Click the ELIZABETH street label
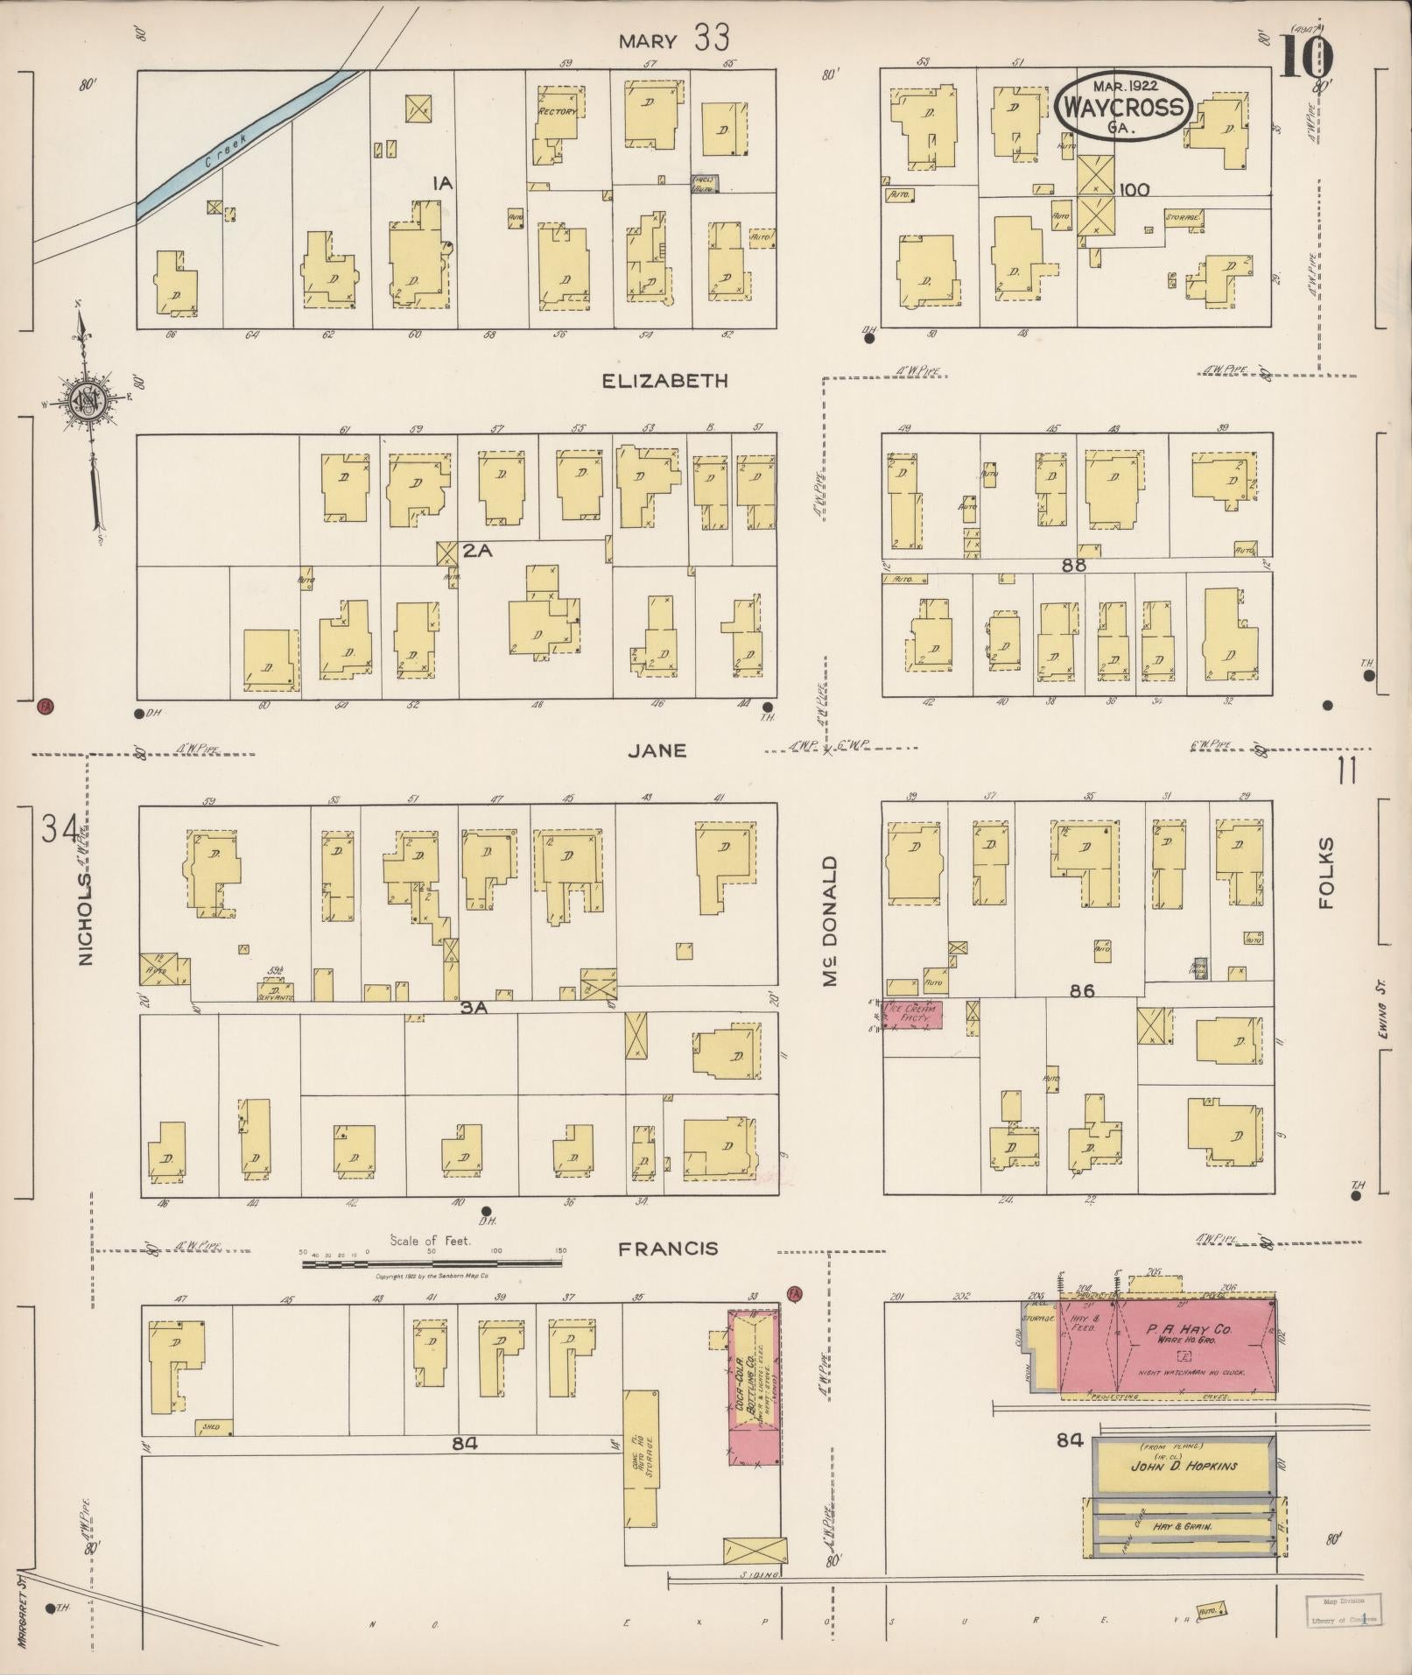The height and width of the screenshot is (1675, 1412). tap(665, 381)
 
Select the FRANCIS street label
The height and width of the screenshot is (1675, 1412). tap(668, 1249)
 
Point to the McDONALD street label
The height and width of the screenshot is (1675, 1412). tap(831, 921)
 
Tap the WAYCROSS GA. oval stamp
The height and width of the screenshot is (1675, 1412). tap(1124, 107)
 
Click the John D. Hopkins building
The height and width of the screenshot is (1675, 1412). tap(1182, 1466)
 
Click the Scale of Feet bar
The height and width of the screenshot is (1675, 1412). tap(432, 1263)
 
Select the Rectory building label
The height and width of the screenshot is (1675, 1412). tap(557, 112)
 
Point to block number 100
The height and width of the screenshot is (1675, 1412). tap(1134, 189)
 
